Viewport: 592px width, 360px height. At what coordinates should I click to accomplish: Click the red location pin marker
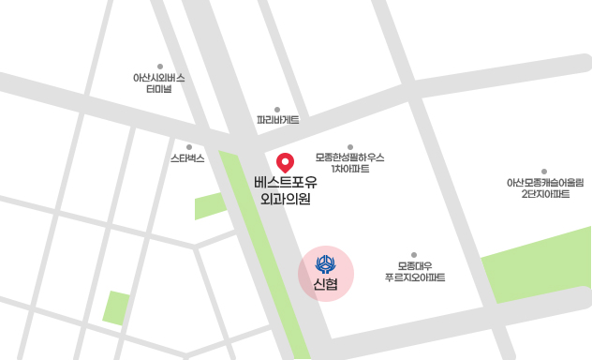[287, 161]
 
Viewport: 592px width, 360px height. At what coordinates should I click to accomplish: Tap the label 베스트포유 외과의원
[286, 189]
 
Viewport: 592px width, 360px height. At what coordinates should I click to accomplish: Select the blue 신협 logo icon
[326, 262]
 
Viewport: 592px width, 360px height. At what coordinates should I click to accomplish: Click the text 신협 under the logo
[326, 284]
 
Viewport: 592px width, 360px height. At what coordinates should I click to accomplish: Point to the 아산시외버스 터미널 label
[159, 83]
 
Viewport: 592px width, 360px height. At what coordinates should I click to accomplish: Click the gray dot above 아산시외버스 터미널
[160, 66]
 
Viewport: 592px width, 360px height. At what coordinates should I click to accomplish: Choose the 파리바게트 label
[277, 120]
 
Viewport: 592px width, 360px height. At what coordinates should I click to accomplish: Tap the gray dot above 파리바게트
[277, 109]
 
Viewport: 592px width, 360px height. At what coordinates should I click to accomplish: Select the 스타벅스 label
[187, 158]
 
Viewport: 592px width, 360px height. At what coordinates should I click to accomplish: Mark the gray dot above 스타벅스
[188, 146]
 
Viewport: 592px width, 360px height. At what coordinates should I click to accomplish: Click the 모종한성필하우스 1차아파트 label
[350, 163]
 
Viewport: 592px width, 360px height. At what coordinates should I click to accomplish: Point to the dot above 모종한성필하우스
[350, 146]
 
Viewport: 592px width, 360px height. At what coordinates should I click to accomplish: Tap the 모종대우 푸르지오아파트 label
[414, 272]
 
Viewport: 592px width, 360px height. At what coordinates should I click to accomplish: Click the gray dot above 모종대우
[414, 255]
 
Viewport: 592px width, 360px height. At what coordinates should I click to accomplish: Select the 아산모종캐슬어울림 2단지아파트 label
[544, 188]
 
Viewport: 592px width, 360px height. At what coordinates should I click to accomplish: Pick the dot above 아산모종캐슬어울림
[544, 172]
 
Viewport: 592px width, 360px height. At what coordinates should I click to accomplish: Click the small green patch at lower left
[116, 307]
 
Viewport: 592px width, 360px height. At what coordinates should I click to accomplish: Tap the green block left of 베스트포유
[210, 205]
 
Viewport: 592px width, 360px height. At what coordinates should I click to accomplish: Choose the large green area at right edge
[539, 265]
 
